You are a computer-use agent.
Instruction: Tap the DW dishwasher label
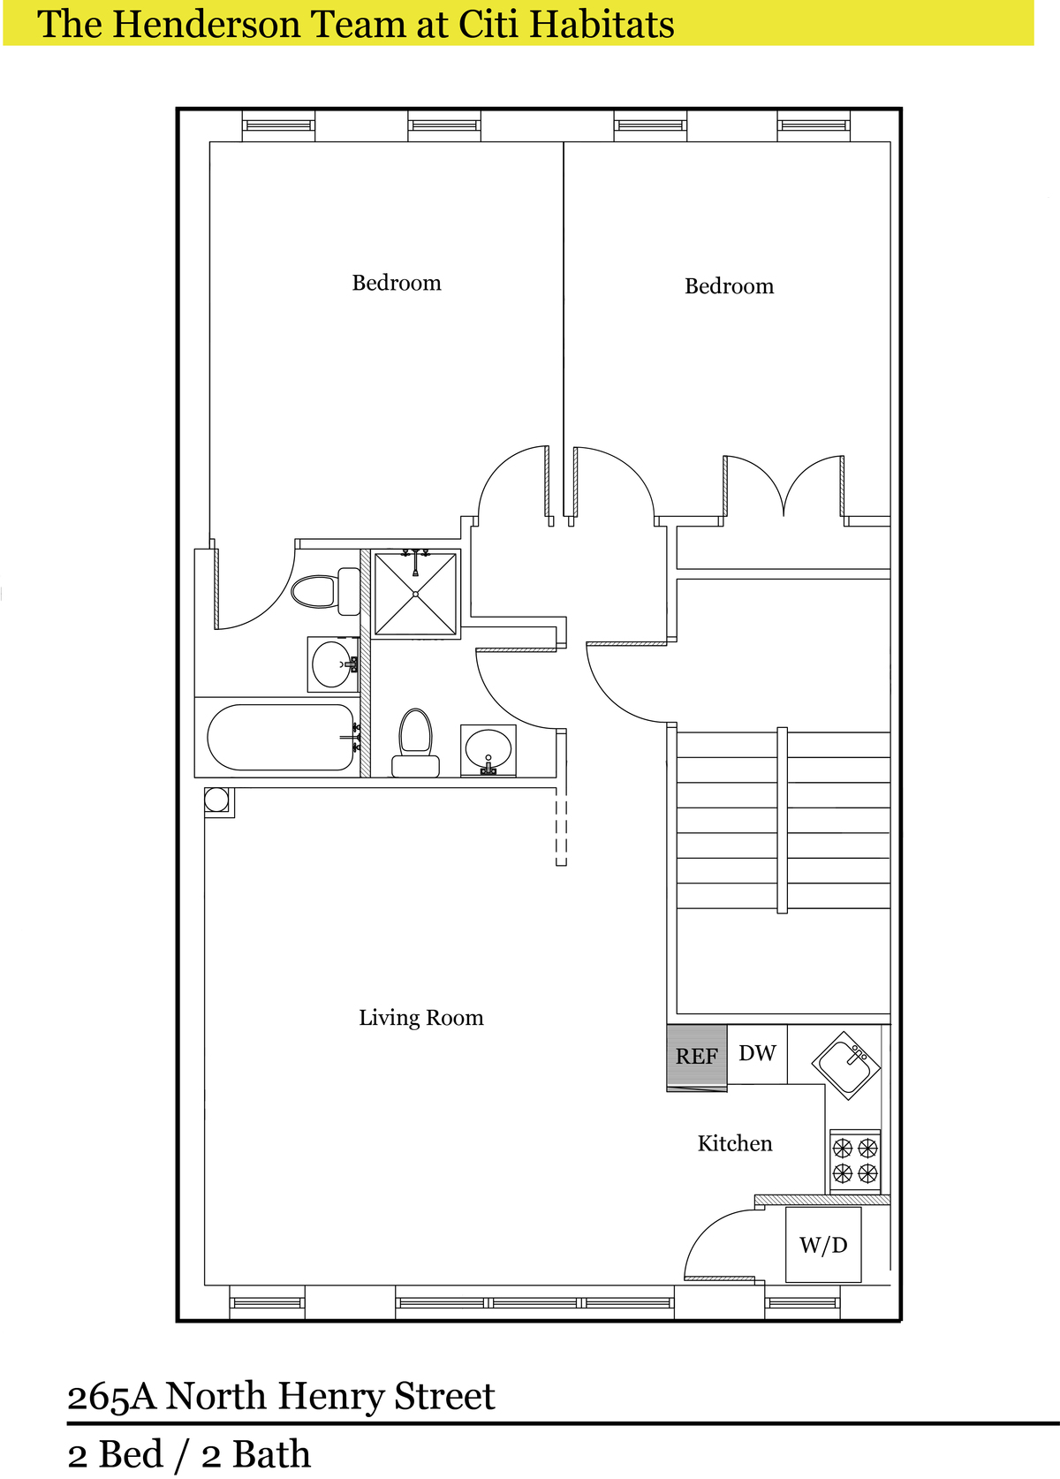click(x=757, y=1052)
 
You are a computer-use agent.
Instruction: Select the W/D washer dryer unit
click(x=823, y=1245)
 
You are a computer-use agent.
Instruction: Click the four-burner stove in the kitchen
click(x=855, y=1161)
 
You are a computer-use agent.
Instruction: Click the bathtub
click(x=282, y=737)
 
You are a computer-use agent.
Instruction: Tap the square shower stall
click(x=415, y=595)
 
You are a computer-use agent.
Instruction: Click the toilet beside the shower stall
click(x=325, y=591)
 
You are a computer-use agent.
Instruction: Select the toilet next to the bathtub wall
click(x=415, y=742)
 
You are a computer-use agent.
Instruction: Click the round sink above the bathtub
click(x=333, y=664)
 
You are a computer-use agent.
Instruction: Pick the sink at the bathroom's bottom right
click(x=488, y=750)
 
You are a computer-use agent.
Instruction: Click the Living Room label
click(x=421, y=1018)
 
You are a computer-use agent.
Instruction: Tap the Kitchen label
click(x=735, y=1143)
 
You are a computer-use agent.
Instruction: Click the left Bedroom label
click(x=396, y=283)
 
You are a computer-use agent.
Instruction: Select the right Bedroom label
click(x=729, y=286)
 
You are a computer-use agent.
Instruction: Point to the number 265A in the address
click(x=111, y=1397)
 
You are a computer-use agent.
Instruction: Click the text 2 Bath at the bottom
click(x=255, y=1454)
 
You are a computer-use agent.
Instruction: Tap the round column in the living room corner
click(x=216, y=800)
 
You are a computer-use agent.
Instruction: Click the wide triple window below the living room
click(x=534, y=1303)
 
